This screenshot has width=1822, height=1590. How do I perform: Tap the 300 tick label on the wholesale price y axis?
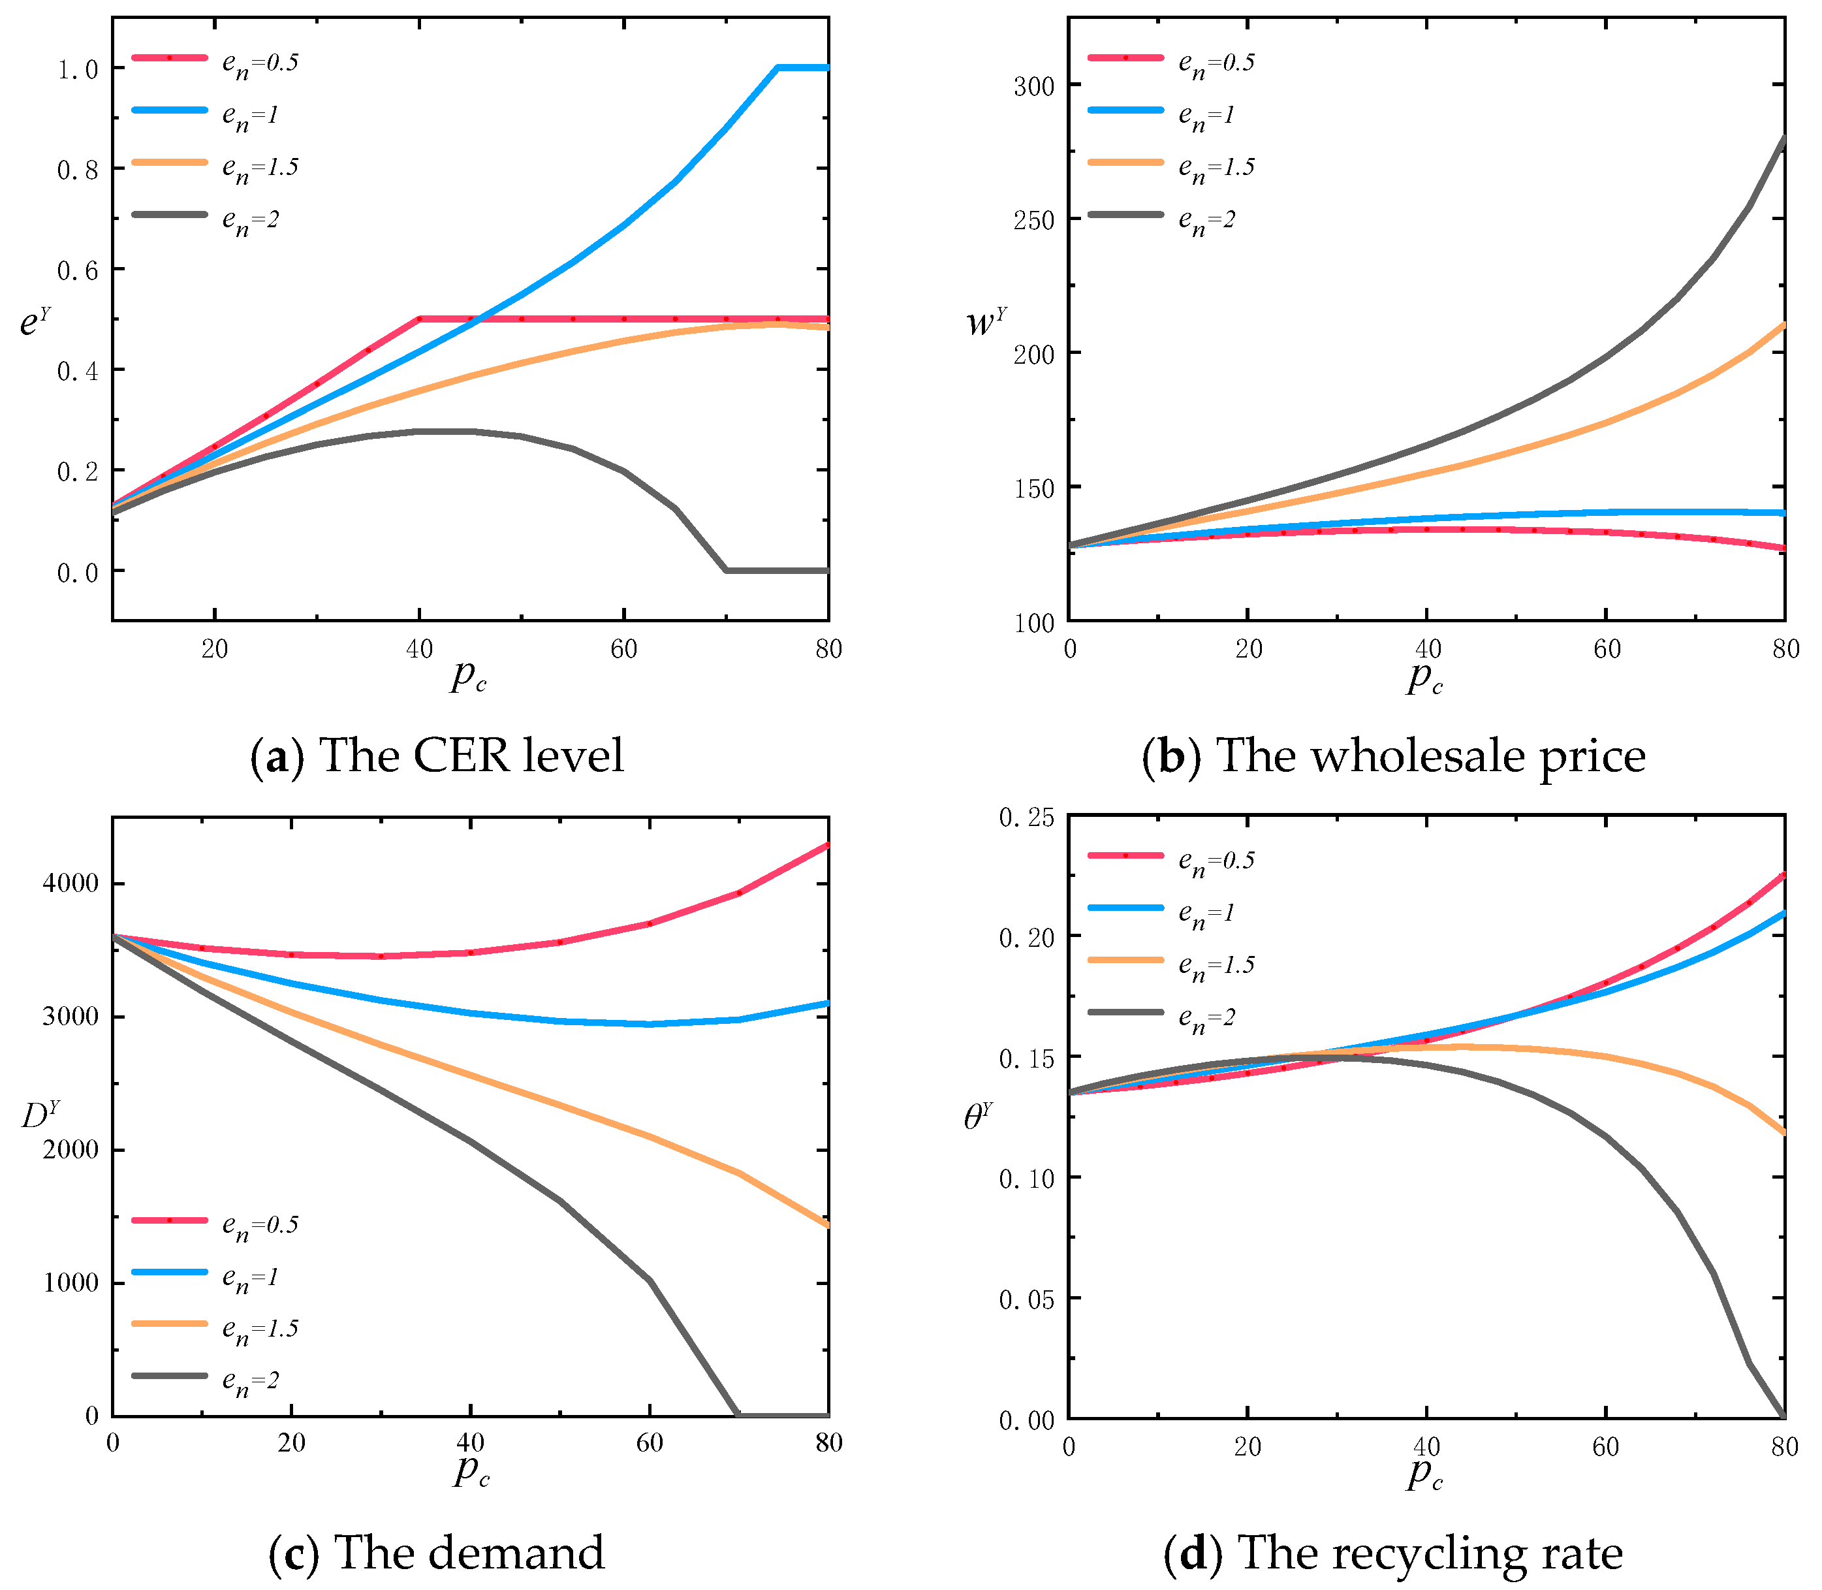pyautogui.click(x=1034, y=86)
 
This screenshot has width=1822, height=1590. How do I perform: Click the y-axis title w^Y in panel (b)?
pyautogui.click(x=986, y=321)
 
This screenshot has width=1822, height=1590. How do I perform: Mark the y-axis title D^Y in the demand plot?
pyautogui.click(x=40, y=1115)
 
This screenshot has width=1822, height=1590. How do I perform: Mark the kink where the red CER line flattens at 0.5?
pyautogui.click(x=420, y=319)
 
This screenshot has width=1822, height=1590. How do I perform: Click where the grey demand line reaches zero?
pyautogui.click(x=737, y=1415)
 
